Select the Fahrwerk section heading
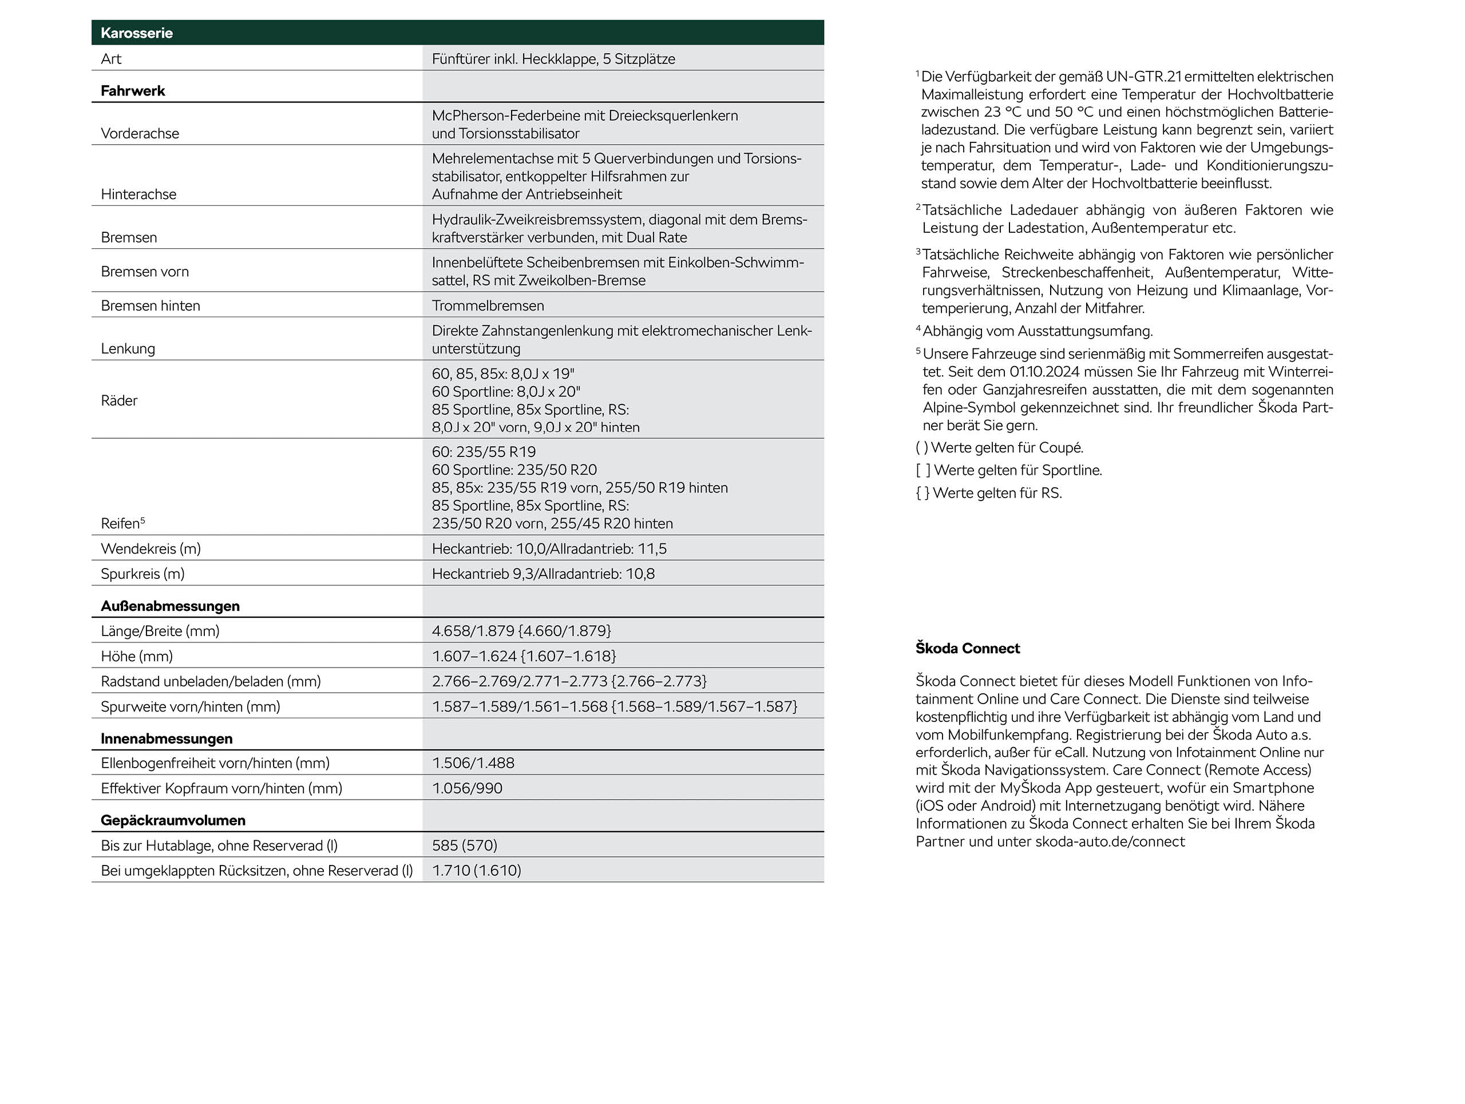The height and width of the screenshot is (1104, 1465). pyautogui.click(x=132, y=91)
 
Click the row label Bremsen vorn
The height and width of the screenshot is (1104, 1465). pyautogui.click(x=144, y=271)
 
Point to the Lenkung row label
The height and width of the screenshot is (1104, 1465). pyautogui.click(x=128, y=349)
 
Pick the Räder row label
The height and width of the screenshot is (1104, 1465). pyautogui.click(x=119, y=400)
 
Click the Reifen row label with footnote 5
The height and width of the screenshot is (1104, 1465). pyautogui.click(x=122, y=523)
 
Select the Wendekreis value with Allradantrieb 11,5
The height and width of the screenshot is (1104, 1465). pyautogui.click(x=549, y=549)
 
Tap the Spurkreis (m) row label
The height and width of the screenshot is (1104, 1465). pyautogui.click(x=142, y=574)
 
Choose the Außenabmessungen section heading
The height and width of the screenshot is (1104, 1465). pyautogui.click(x=170, y=606)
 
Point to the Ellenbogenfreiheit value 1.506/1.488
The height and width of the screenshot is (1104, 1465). pyautogui.click(x=473, y=763)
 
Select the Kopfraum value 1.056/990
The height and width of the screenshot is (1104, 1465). pyautogui.click(x=467, y=788)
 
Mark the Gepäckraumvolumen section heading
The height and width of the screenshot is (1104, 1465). pyautogui.click(x=173, y=821)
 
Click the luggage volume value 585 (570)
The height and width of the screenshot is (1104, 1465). pyautogui.click(x=464, y=845)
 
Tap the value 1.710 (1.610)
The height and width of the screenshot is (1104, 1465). pyautogui.click(x=476, y=871)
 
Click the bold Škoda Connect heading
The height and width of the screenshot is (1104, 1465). pyautogui.click(x=968, y=649)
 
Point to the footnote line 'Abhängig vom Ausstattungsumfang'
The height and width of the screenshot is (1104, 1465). pyautogui.click(x=1037, y=331)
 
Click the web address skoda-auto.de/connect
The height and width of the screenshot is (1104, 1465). pyautogui.click(x=1110, y=842)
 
